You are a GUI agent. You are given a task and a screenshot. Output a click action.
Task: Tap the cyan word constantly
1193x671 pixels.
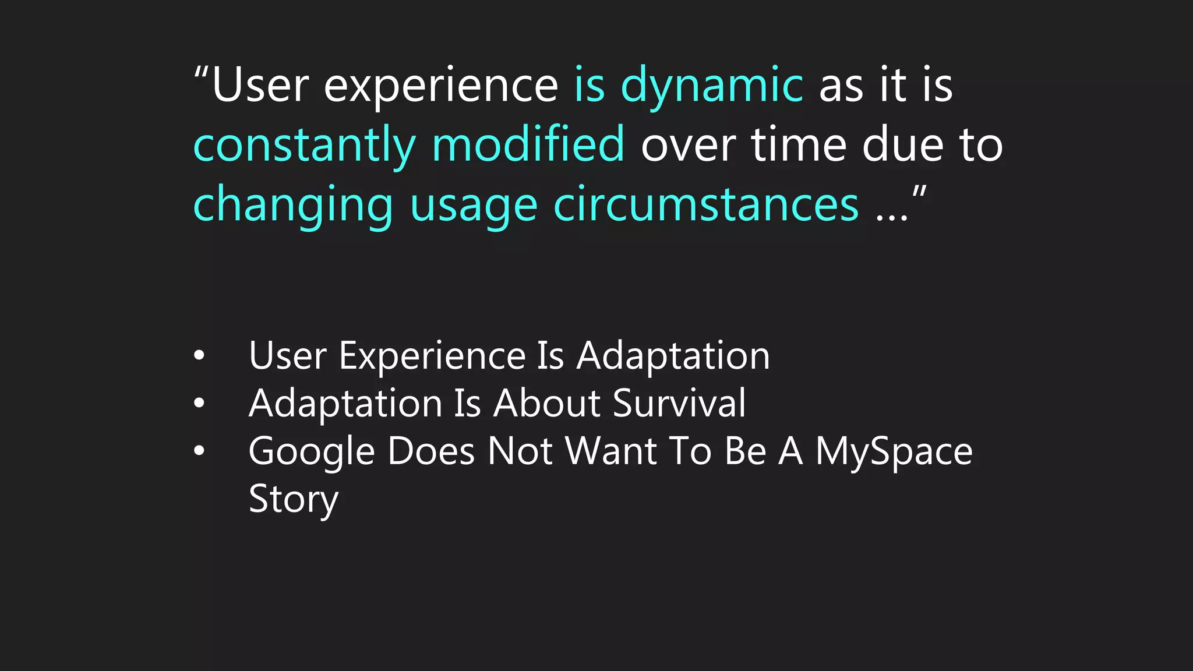coord(304,146)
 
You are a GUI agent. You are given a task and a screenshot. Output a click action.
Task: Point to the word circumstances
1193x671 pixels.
coord(705,205)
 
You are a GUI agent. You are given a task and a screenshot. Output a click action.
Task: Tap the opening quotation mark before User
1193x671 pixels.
coord(201,74)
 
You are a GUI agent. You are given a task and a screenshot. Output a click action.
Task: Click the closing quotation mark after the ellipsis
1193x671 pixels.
coord(919,192)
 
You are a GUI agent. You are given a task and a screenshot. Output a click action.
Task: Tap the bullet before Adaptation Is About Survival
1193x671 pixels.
coord(199,403)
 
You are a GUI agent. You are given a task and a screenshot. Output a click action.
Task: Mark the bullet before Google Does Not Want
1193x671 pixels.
coord(199,451)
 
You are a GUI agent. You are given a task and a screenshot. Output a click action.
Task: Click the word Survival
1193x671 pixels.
coord(679,403)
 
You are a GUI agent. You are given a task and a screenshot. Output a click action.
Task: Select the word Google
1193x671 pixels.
coord(311,452)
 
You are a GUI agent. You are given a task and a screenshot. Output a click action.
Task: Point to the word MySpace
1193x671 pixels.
coord(894,452)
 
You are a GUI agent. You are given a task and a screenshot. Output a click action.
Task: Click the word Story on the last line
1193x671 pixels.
coord(293,500)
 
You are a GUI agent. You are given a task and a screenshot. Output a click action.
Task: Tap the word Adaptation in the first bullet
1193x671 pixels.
coord(673,356)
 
